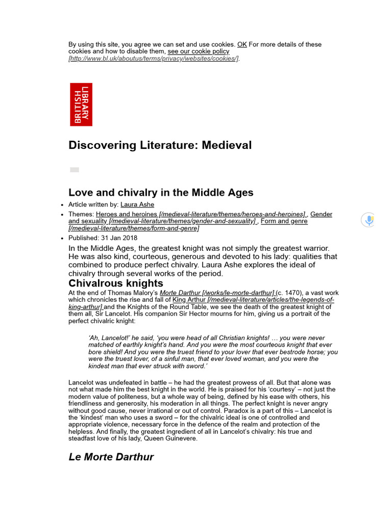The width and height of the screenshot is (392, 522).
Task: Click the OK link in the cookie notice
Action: click(242, 44)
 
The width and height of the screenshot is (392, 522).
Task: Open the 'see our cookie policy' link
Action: click(199, 51)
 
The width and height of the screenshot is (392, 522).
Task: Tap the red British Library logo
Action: click(81, 105)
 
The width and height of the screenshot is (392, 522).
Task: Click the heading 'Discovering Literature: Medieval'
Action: click(160, 145)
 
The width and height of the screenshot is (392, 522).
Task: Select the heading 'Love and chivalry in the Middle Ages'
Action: click(161, 193)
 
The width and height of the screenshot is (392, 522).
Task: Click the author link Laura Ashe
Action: click(137, 205)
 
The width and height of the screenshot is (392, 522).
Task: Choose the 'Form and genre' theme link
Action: click(284, 221)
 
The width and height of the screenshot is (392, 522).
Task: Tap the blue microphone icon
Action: click(368, 220)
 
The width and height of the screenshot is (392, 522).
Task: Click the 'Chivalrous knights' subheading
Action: click(116, 283)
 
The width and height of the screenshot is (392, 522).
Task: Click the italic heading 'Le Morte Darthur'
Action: click(111, 457)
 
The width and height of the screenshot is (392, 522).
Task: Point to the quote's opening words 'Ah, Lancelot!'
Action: click(110, 338)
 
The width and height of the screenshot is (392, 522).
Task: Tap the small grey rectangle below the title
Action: click(75, 170)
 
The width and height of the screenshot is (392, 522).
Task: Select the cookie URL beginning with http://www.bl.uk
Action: click(153, 59)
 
